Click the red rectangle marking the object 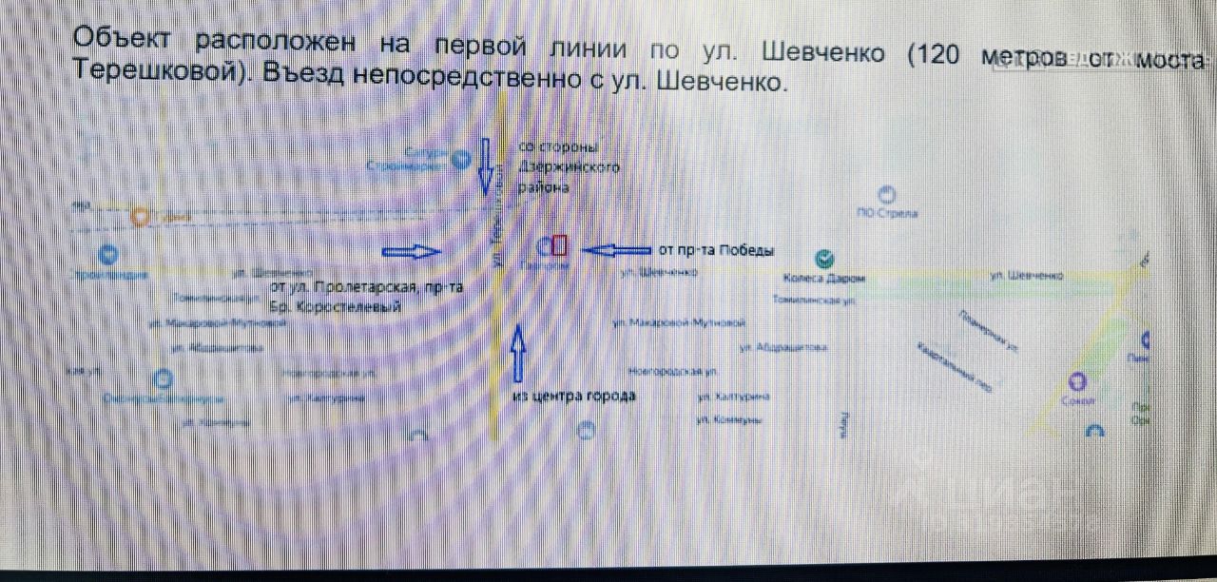[x=560, y=246]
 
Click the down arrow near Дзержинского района [x=483, y=166]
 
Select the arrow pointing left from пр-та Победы [x=615, y=250]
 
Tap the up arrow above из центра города [x=518, y=353]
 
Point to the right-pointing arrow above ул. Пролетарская [x=412, y=251]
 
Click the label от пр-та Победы [x=716, y=251]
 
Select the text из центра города [x=572, y=396]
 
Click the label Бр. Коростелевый [x=335, y=308]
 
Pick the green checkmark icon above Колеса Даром [x=825, y=258]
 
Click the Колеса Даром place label [x=824, y=279]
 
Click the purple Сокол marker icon [x=1077, y=382]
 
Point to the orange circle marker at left [x=142, y=218]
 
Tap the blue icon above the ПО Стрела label [x=888, y=194]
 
